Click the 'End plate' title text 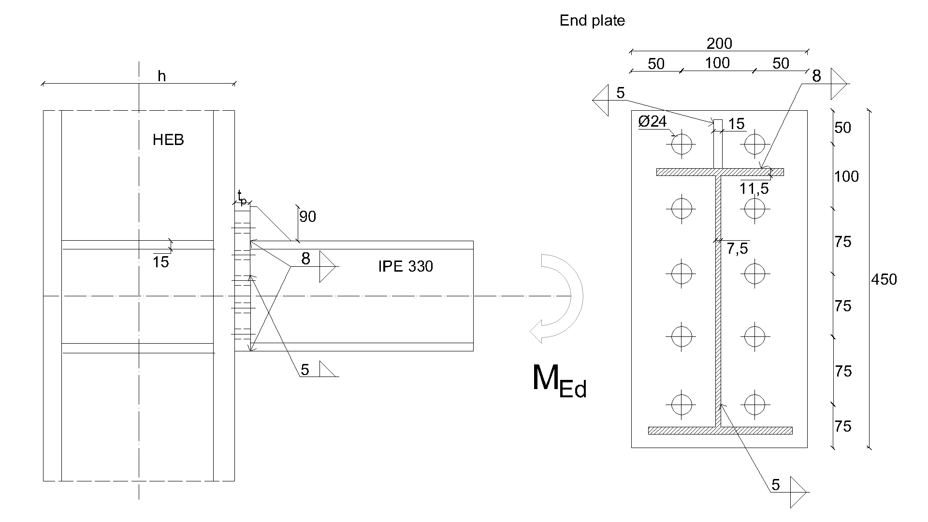pyautogui.click(x=592, y=21)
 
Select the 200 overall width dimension pyautogui.click(x=719, y=44)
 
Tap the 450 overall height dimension pyautogui.click(x=884, y=279)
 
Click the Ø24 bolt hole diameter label pyautogui.click(x=652, y=121)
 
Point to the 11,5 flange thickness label pyautogui.click(x=754, y=188)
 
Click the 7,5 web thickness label pyautogui.click(x=737, y=248)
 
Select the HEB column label pyautogui.click(x=168, y=140)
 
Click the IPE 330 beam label pyautogui.click(x=406, y=266)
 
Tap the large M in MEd pyautogui.click(x=545, y=378)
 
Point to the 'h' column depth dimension pyautogui.click(x=162, y=76)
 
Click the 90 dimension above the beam pyautogui.click(x=307, y=217)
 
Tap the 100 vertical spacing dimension pyautogui.click(x=846, y=177)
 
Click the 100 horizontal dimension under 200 pyautogui.click(x=717, y=63)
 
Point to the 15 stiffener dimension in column pyautogui.click(x=160, y=262)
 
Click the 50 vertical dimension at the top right pyautogui.click(x=842, y=128)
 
